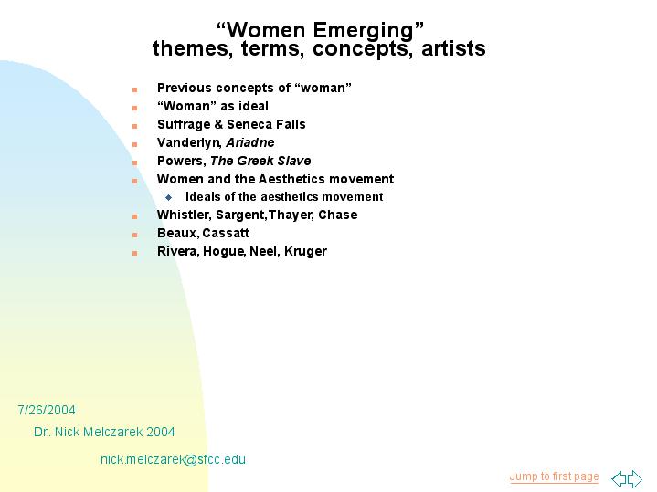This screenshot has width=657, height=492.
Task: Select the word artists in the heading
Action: (453, 48)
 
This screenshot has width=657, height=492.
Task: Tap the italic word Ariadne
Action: (250, 142)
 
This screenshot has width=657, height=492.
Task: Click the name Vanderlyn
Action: (188, 143)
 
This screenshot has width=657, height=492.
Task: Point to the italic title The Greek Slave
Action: (260, 161)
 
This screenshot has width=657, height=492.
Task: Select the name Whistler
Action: (185, 215)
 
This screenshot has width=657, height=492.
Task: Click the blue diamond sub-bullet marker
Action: (168, 197)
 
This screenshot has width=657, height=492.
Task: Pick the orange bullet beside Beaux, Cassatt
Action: (134, 235)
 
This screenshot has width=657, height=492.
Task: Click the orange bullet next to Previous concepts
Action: (134, 89)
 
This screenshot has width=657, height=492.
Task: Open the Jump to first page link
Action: (554, 476)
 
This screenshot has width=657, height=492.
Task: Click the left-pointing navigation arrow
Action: (619, 478)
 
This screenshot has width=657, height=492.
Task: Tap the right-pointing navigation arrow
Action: (635, 478)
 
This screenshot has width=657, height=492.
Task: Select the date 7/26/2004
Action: (47, 410)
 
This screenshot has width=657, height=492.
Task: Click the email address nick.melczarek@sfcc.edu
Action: (173, 459)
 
